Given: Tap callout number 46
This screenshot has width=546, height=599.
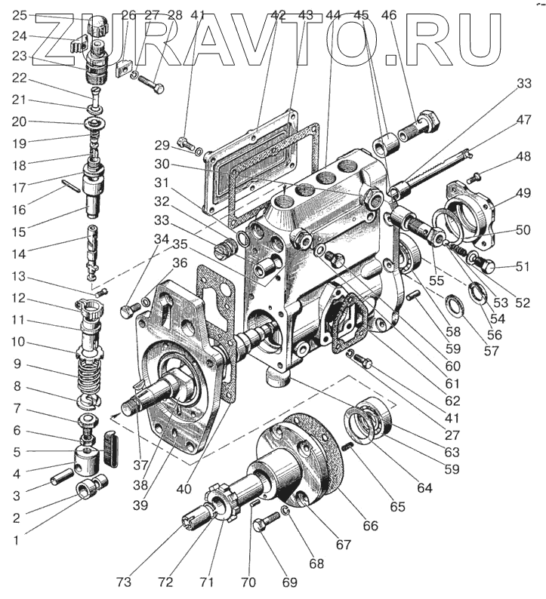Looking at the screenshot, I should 389,14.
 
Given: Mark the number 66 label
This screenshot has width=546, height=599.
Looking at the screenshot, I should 371,526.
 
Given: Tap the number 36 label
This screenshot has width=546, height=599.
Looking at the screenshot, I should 180,263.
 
